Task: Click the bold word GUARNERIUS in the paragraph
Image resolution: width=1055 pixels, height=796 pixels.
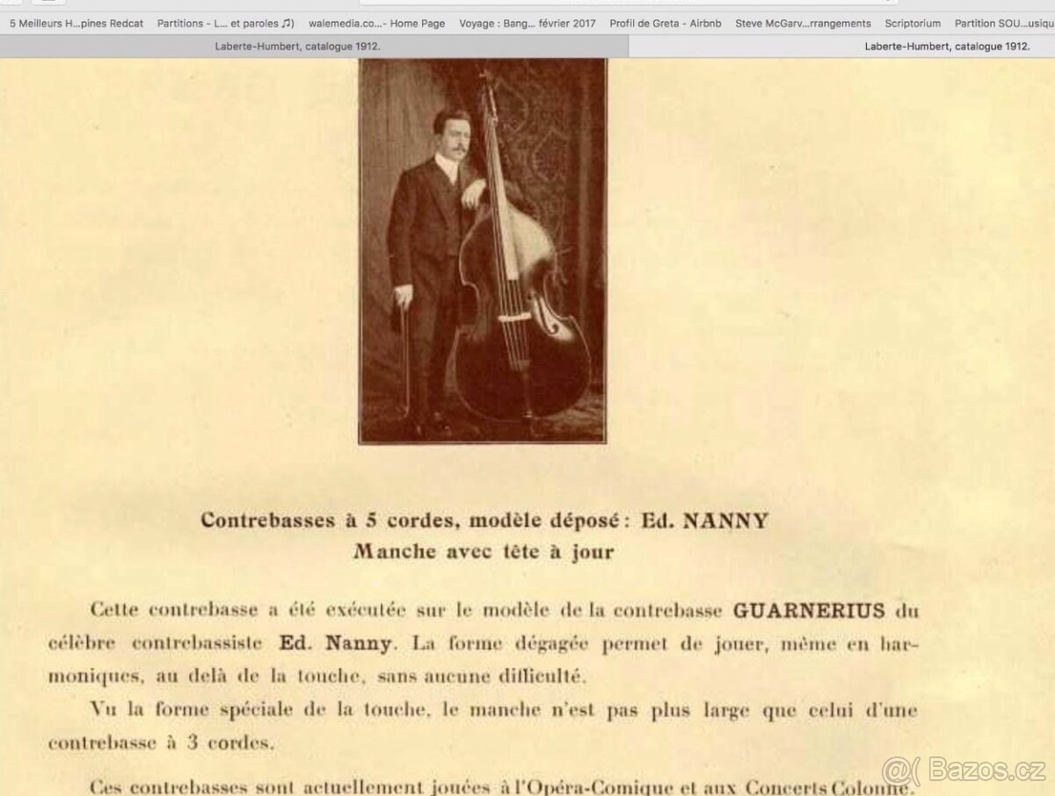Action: point(809,610)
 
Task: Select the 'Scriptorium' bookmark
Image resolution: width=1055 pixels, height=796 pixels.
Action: point(913,24)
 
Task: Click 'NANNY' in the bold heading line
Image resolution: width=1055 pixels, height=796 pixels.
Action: point(725,521)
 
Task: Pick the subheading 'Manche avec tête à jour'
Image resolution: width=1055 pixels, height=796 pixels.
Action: point(484,552)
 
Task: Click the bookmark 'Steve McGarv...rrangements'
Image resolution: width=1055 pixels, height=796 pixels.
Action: point(803,24)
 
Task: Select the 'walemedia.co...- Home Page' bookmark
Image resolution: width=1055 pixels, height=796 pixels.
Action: point(376,24)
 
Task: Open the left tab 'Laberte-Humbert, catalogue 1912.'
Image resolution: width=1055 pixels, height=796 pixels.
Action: point(298,47)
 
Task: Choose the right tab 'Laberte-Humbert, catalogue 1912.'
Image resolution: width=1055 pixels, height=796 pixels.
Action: point(947,47)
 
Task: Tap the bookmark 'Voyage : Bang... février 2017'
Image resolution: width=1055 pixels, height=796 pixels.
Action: point(527,24)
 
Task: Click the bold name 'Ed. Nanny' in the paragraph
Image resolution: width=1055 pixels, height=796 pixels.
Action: point(335,643)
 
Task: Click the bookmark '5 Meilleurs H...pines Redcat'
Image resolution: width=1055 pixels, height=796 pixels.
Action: point(76,24)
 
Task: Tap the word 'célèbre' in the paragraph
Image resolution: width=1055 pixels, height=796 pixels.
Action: point(82,643)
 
